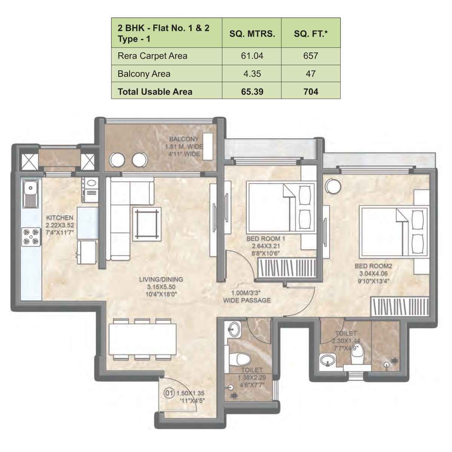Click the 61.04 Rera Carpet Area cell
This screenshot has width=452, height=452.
pos(252,56)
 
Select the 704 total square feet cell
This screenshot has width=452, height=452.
pos(311,92)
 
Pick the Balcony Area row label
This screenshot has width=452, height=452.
pos(144,74)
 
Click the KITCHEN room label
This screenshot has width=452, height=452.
pos(60,218)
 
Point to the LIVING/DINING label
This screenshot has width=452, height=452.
pos(161,279)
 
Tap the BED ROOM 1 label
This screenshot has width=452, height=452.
pos(266,239)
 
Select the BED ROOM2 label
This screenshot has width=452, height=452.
pos(373,266)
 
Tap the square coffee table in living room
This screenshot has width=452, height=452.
pos(146,223)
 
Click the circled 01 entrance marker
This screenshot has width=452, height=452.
pos(169,393)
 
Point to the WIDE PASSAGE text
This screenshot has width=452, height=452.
pos(247,300)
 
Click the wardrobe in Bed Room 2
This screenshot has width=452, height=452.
pos(400,306)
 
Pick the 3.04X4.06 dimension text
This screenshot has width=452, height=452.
pos(373,274)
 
